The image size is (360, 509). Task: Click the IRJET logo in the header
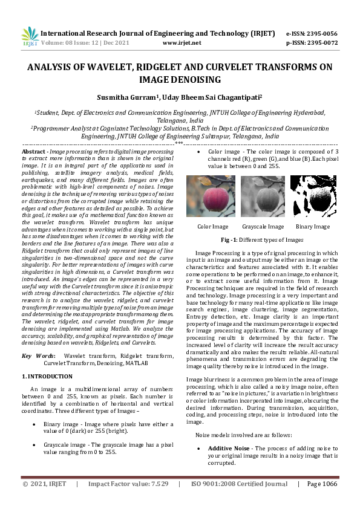coord(30,37)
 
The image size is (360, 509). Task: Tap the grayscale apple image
coord(263,196)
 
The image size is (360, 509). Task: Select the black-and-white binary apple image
coord(313,196)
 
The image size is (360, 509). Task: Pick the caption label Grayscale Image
coord(263,227)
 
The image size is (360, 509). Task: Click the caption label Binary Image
coord(313,227)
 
